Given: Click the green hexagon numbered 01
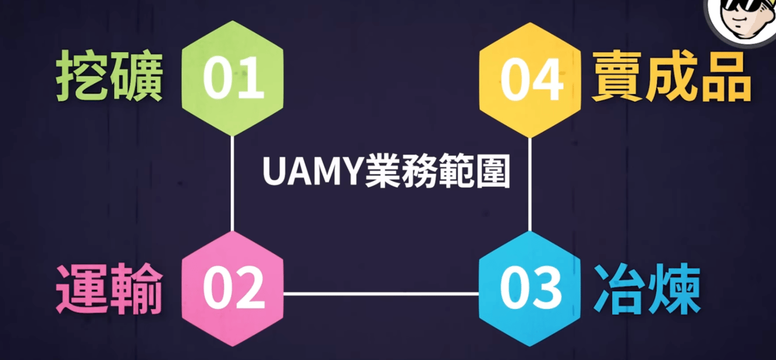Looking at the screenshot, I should [x=232, y=78].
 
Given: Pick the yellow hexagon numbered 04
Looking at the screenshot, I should [x=530, y=79].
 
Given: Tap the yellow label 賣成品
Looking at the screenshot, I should [x=671, y=78].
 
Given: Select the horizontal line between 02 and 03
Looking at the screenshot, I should [x=381, y=294].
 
